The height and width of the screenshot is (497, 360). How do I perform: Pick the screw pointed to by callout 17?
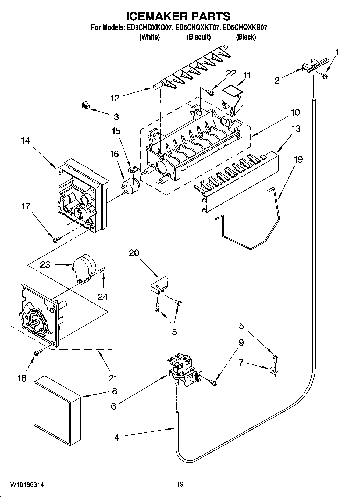coord(57,238)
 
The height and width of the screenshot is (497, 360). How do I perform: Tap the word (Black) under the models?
coord(246,37)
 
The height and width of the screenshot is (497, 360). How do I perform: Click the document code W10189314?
coord(27,485)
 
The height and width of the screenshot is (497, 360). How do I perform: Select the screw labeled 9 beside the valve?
coord(214,381)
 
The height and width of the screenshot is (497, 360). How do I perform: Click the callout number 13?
coord(296,129)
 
